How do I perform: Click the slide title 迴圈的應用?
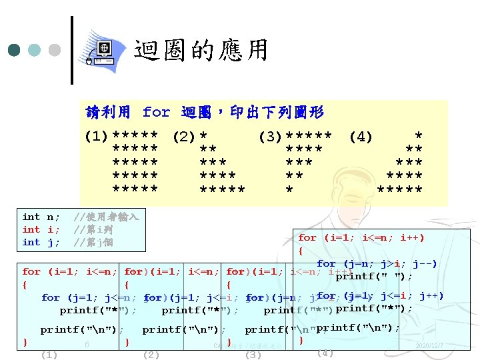tap(201, 50)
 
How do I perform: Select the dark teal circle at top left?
tap(14, 50)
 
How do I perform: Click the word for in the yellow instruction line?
tap(157, 111)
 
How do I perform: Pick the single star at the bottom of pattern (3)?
tap(289, 189)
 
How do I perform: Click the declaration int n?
tap(41, 217)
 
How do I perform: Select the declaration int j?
tap(41, 242)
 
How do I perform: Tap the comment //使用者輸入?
tap(106, 217)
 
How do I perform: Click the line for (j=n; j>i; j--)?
tap(377, 263)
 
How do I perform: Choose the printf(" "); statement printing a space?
tap(373, 277)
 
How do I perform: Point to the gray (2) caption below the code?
tap(151, 355)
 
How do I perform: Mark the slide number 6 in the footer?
tap(87, 345)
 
